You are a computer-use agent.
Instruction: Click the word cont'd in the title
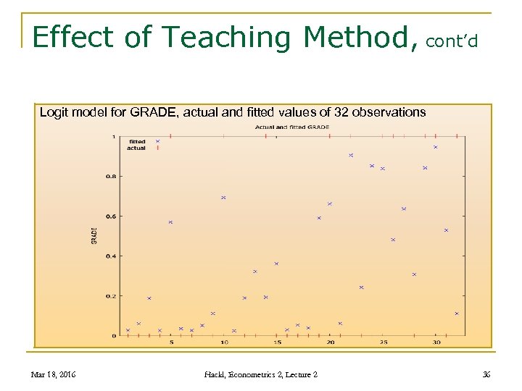point(452,41)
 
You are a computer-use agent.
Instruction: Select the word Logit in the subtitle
point(54,112)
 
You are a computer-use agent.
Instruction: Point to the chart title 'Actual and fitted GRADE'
point(292,127)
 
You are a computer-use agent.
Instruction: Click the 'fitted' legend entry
point(137,141)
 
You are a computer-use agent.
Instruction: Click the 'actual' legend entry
point(136,148)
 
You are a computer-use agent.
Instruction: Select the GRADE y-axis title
point(94,235)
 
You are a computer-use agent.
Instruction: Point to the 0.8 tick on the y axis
point(111,176)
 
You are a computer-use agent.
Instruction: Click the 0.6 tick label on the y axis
point(111,216)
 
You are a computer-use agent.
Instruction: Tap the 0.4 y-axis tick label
point(111,256)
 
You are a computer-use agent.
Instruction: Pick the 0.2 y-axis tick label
point(111,295)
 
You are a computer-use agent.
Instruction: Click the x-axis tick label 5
point(172,342)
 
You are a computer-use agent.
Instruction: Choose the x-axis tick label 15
point(278,342)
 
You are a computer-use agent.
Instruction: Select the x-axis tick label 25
point(384,342)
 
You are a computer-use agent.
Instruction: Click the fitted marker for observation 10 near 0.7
point(223,197)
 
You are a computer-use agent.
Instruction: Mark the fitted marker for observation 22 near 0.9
point(351,155)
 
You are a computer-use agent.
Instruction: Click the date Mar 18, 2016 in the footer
point(54,374)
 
